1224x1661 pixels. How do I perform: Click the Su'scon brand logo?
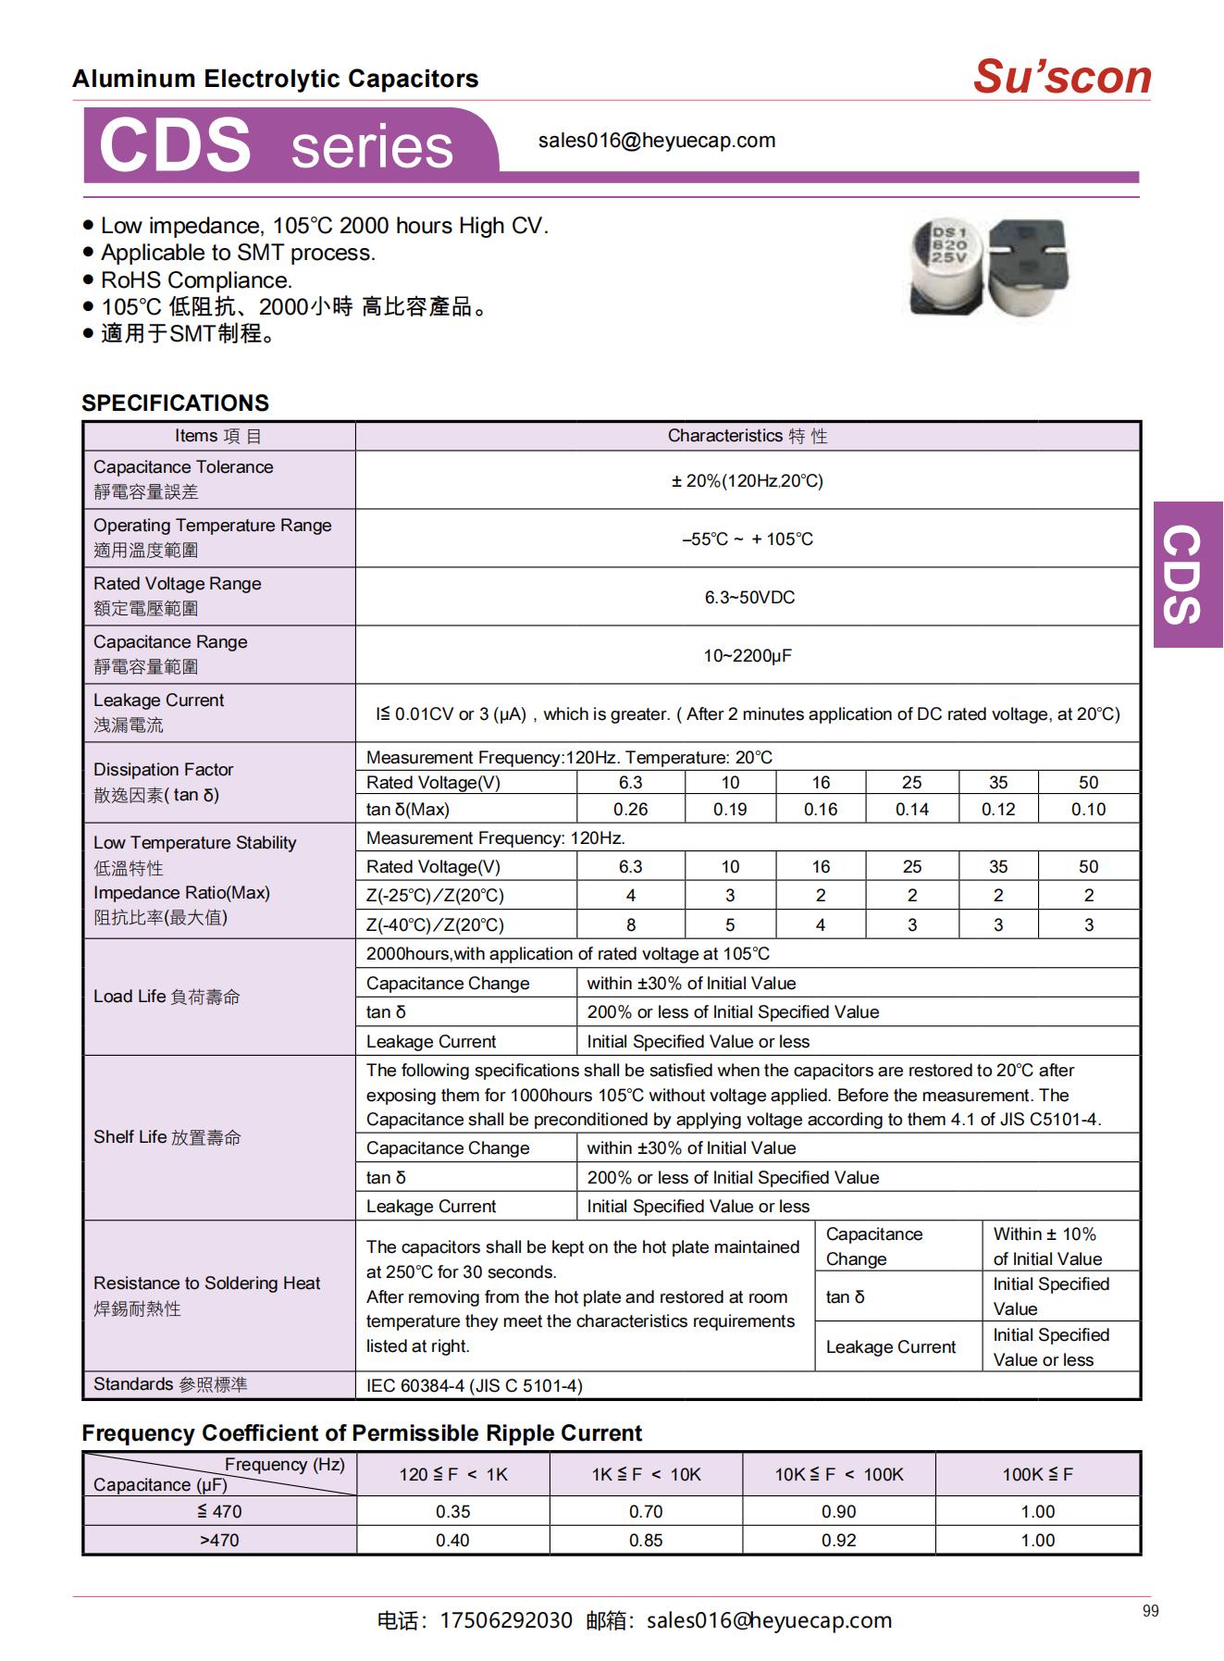(1061, 77)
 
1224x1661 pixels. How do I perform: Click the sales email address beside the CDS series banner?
(657, 141)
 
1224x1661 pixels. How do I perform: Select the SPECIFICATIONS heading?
(175, 403)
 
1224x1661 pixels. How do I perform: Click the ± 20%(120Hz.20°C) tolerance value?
(747, 480)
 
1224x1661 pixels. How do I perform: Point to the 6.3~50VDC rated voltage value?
(749, 597)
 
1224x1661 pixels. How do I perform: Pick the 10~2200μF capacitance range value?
(748, 655)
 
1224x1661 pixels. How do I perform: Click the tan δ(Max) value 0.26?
(630, 809)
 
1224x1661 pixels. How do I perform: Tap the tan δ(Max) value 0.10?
(1088, 809)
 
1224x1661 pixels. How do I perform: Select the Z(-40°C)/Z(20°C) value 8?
(630, 924)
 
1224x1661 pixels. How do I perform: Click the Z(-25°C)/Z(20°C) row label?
(435, 896)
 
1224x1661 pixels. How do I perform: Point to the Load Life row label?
(167, 997)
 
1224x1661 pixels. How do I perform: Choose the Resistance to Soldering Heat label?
(206, 1283)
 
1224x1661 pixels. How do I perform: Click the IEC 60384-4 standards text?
(474, 1385)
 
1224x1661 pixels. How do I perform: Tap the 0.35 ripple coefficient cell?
(452, 1511)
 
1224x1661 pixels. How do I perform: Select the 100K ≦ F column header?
(1037, 1474)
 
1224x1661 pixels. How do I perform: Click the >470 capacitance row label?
(219, 1540)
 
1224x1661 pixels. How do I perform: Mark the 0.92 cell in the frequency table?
(838, 1540)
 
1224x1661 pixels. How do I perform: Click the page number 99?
(1150, 1611)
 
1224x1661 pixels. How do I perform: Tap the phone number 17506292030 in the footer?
(506, 1620)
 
